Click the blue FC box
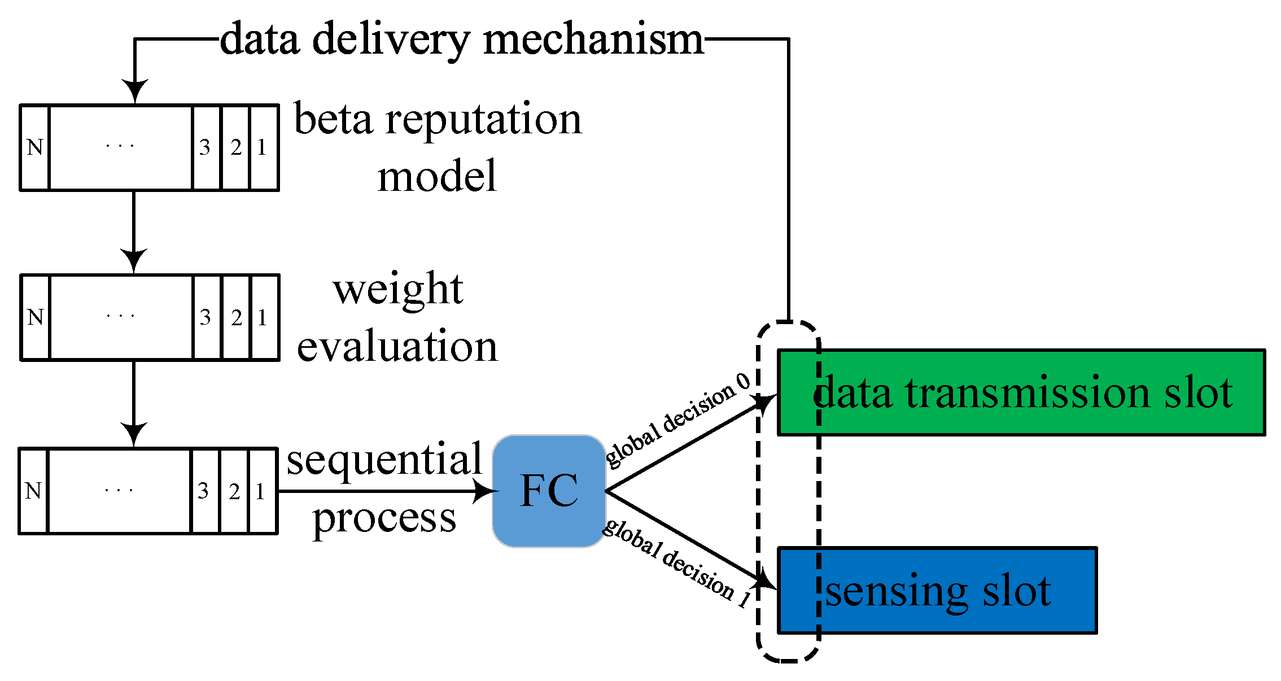549,491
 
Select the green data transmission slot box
1021,393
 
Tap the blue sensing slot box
937,591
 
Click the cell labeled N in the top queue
35,147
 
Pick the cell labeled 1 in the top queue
264,147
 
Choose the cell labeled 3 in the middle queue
206,317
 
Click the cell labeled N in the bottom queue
33,491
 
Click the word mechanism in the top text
593,40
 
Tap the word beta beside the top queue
334,120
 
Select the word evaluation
397,346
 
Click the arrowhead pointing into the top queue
134,91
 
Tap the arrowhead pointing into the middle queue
134,261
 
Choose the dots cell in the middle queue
121,317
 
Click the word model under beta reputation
437,177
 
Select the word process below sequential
384,518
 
